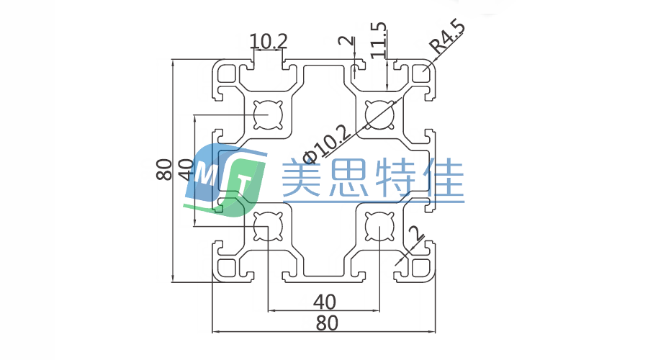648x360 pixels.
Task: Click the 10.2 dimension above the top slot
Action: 268,42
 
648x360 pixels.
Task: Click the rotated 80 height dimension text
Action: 163,170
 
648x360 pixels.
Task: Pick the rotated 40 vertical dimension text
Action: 185,170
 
